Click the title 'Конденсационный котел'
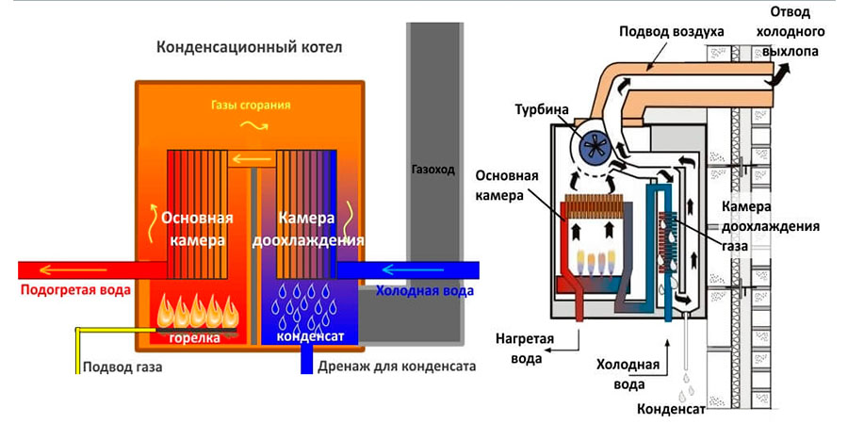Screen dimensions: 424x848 [250, 46]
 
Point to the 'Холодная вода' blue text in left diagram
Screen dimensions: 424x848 [425, 291]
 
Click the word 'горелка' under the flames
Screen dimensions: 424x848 [195, 336]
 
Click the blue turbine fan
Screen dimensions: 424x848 [595, 144]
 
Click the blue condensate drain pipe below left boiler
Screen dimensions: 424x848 [308, 359]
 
